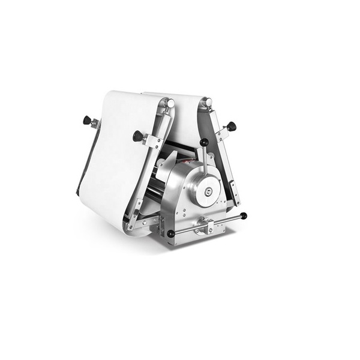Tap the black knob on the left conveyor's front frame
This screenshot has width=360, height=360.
tap(137, 136)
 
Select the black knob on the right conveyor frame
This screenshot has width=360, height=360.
tap(231, 126)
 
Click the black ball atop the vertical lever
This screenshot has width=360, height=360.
tap(204, 143)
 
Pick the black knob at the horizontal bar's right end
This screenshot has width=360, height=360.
tap(243, 216)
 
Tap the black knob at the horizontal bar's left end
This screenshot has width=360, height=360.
tap(171, 233)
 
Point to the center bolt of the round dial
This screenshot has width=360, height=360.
tap(208, 193)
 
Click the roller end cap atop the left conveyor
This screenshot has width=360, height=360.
tap(170, 104)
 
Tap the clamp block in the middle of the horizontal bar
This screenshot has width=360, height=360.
tap(207, 226)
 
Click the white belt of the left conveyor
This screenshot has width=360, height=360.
tap(117, 156)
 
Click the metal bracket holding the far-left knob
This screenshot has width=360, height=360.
tap(94, 124)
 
